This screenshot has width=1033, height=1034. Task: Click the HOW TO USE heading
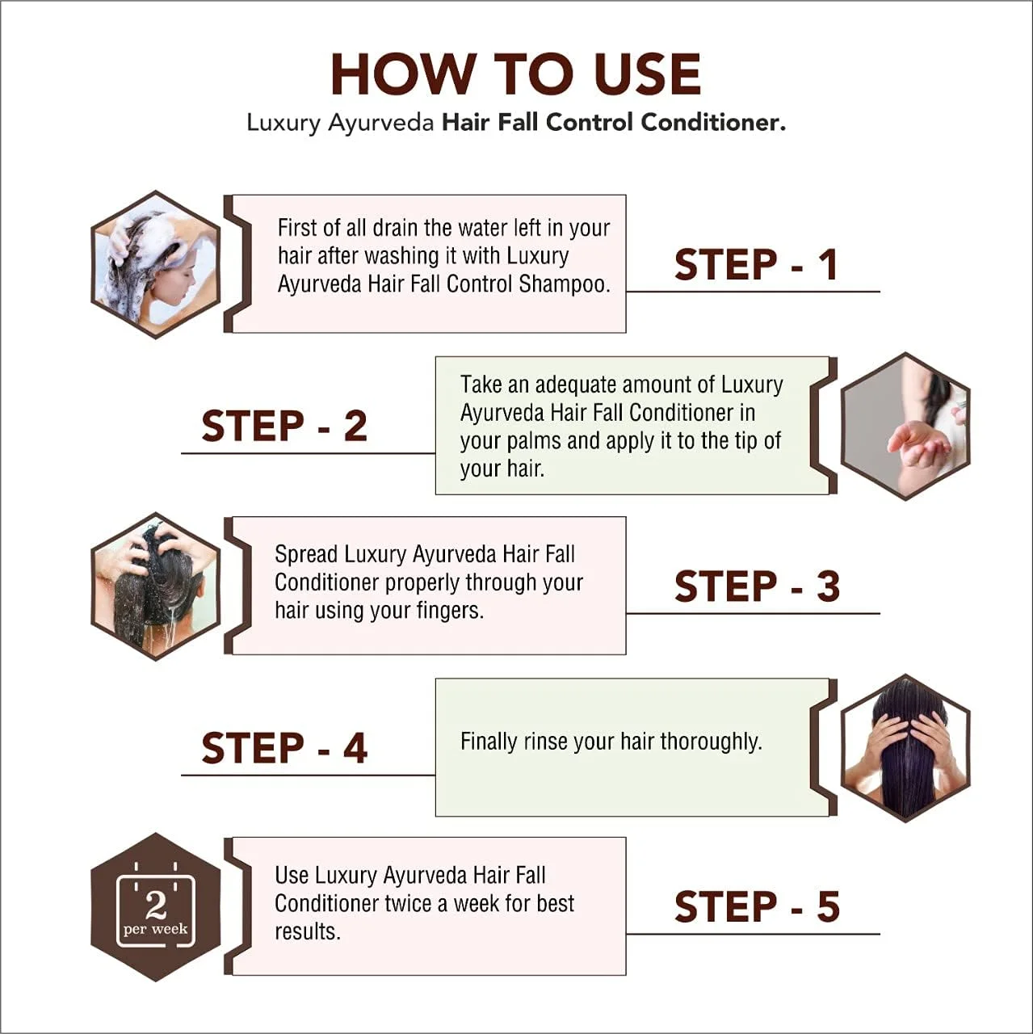516,74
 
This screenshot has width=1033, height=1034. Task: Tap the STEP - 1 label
755,264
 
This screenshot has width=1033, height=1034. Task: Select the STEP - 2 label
284,426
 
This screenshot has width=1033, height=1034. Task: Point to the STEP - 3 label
757,586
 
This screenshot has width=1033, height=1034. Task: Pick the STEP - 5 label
757,907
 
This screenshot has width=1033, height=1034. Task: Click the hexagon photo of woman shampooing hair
156,264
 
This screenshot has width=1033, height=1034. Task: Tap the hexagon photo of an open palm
905,426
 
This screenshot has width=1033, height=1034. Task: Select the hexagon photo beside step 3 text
156,586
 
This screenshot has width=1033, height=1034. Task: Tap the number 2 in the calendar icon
156,906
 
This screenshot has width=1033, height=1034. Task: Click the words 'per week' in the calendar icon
156,929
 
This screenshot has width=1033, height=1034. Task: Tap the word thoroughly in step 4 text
711,742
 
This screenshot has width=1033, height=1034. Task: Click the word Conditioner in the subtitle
713,122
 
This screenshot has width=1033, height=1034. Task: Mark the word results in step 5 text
308,932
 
